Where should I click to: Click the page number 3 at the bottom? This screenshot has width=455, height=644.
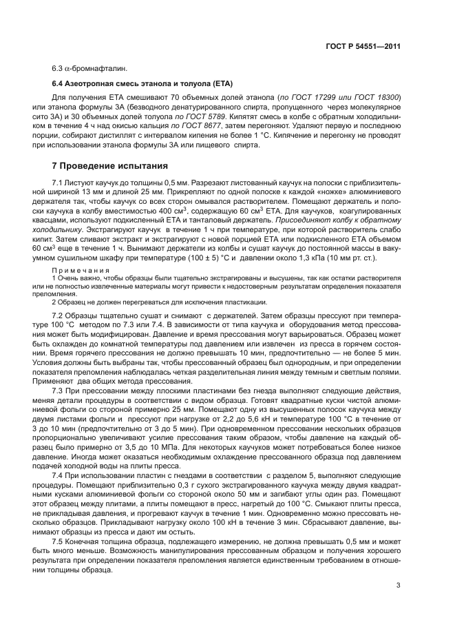tap(399, 586)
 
